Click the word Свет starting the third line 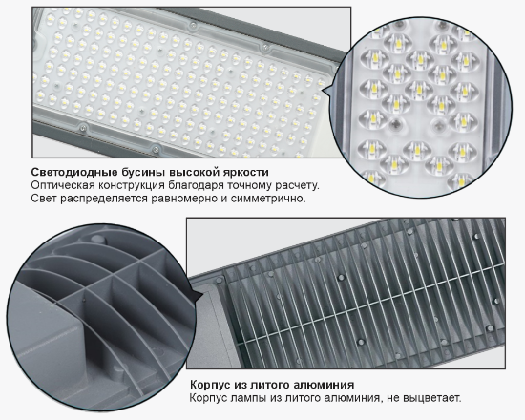44,199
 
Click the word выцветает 429,398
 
